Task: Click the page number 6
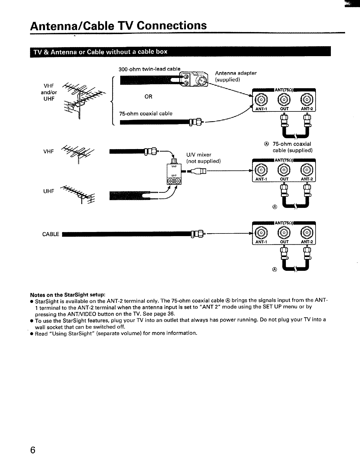tap(33, 450)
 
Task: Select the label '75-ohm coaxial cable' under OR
tap(146, 114)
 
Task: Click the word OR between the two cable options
tap(149, 96)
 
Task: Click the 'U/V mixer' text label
tap(199, 155)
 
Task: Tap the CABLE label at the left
tap(51, 234)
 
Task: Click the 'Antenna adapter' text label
tap(236, 73)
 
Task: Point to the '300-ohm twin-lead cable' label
tap(149, 69)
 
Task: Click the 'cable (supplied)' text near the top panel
tap(293, 150)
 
